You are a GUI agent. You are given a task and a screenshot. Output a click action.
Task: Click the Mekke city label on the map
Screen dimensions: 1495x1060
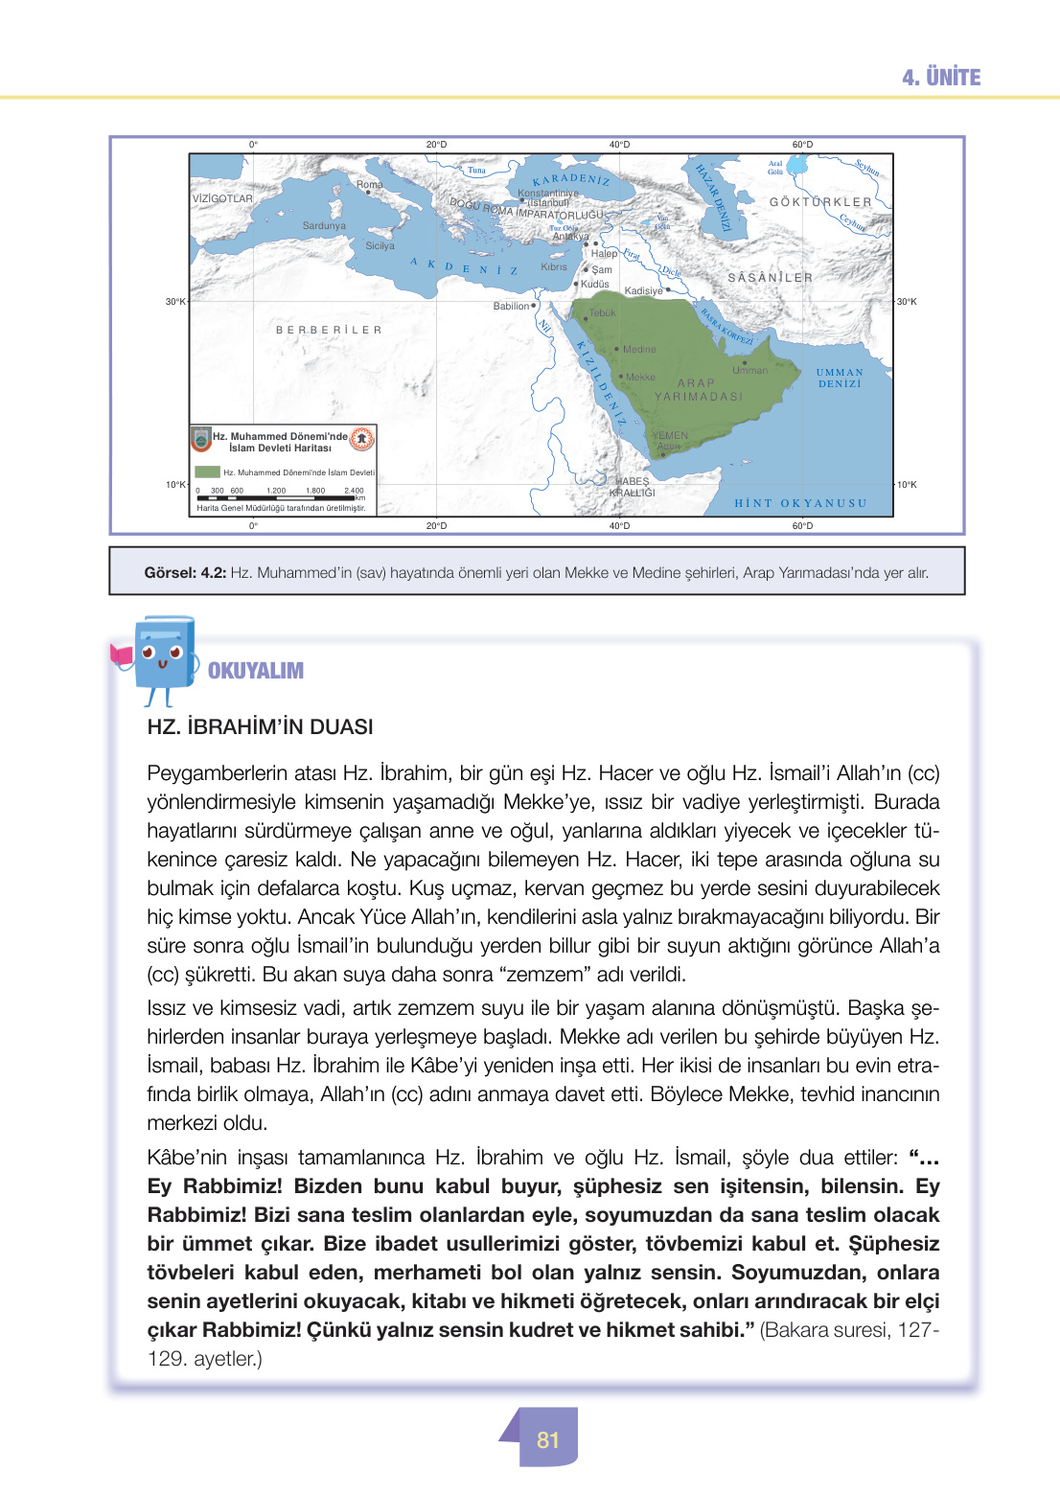639,378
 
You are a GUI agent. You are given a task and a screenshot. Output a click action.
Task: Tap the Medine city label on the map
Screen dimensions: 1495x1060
639,350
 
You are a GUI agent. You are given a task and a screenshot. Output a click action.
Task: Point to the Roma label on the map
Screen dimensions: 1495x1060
369,184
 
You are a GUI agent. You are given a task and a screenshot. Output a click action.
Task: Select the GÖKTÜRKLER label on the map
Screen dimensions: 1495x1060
820,202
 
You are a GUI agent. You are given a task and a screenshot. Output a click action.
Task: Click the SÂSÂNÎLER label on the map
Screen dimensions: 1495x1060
770,278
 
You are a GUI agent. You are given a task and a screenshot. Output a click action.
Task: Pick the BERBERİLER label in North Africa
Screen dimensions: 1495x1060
329,330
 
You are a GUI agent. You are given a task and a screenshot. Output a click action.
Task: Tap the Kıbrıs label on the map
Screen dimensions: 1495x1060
554,267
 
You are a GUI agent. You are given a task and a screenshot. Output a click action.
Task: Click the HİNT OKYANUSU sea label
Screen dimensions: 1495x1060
800,503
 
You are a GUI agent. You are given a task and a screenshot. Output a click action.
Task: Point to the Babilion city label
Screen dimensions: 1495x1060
512,307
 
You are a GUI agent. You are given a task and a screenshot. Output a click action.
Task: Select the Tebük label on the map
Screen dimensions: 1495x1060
602,313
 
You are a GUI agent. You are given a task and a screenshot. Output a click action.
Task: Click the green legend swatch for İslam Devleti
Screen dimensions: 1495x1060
207,472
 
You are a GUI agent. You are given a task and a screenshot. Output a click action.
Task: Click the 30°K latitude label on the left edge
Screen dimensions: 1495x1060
174,302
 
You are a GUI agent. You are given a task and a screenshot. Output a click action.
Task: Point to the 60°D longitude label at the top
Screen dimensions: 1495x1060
802,145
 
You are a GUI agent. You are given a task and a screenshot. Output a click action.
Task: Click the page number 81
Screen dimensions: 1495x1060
548,1440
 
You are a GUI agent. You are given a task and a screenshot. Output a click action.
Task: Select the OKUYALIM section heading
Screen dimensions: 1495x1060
255,671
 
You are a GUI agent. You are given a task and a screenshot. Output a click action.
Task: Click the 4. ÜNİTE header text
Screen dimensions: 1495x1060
941,78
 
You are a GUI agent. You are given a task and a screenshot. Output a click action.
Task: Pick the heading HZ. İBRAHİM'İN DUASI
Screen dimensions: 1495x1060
260,726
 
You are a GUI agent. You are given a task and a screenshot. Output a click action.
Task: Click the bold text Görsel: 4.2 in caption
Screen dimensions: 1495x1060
185,572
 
